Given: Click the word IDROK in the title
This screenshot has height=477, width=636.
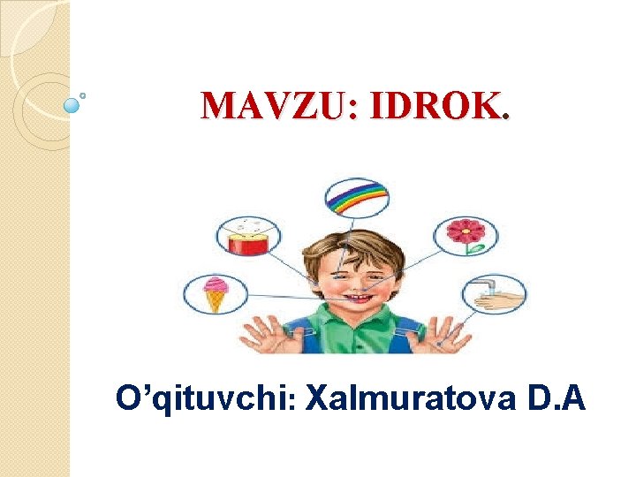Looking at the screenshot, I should click(435, 106).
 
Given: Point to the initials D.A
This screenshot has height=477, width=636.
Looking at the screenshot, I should click(557, 399).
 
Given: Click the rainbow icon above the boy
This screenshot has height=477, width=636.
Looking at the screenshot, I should click(357, 199).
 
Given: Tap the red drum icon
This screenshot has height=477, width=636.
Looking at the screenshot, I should click(248, 237).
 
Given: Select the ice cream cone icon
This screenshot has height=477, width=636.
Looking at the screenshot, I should click(215, 294).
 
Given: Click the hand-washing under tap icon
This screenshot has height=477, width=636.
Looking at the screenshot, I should click(494, 295).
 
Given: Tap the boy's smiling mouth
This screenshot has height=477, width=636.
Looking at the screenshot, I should click(357, 300).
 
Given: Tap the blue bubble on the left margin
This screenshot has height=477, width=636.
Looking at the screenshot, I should click(72, 105).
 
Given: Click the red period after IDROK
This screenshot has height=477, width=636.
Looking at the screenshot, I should click(504, 117).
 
